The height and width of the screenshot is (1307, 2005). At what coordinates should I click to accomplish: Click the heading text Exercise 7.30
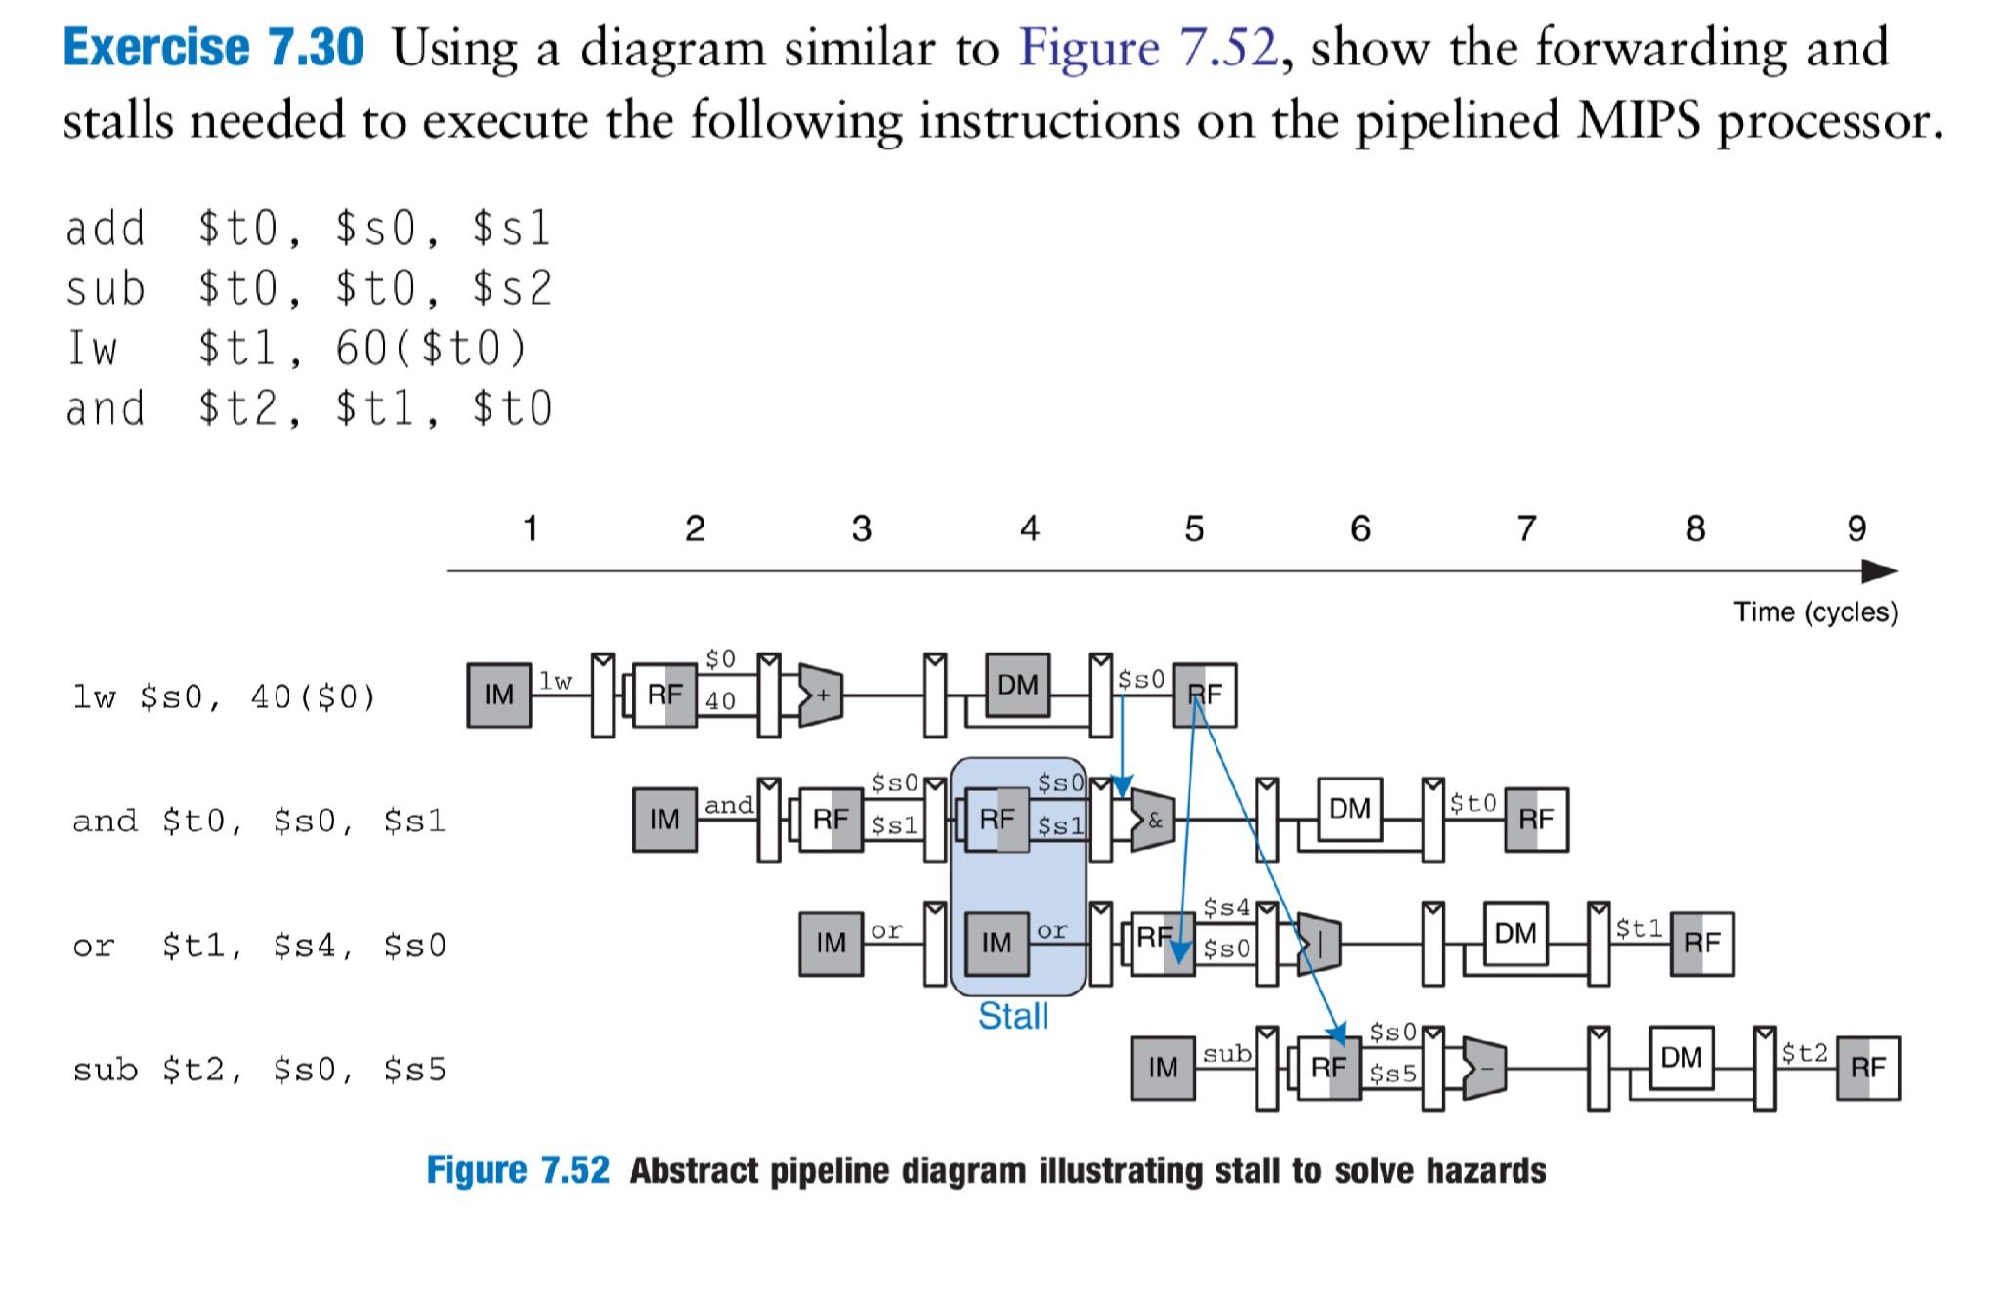pos(212,47)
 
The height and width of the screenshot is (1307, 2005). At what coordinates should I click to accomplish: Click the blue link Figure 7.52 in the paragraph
pos(1147,47)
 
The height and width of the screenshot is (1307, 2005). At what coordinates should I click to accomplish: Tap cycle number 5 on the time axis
pos(1194,528)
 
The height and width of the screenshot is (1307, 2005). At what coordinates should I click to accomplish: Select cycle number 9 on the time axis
pos(1856,528)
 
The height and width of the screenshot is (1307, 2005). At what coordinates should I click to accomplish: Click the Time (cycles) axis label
pos(1815,612)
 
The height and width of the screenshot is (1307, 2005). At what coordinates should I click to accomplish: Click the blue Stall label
pos(1013,1017)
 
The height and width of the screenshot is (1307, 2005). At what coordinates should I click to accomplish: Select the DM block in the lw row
pos(1017,685)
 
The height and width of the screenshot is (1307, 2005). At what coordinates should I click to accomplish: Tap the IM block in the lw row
pos(498,695)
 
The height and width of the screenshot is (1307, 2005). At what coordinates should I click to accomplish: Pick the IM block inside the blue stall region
pos(997,944)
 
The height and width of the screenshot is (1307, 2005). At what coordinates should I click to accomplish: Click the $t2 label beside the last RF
pos(1804,1052)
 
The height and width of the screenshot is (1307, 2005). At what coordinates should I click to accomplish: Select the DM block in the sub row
pos(1681,1057)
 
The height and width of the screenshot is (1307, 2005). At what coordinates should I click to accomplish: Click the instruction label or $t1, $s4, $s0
pos(259,946)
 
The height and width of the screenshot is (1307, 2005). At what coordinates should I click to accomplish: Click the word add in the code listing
pos(105,229)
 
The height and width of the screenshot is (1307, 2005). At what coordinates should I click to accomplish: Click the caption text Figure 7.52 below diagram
pos(517,1169)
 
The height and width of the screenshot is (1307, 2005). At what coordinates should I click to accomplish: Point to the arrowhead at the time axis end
pos(1880,570)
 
